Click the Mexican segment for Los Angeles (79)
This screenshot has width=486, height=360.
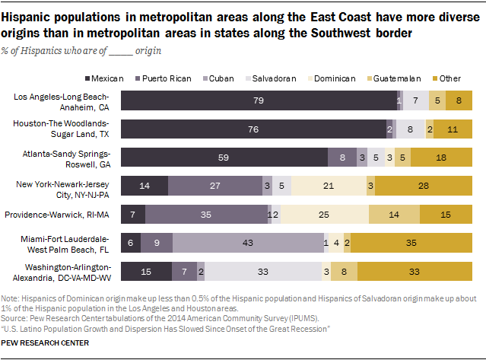[258, 100]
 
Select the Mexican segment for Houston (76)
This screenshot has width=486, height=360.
[253, 129]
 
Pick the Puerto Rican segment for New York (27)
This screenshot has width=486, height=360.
[214, 185]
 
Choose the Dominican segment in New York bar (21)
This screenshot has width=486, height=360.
[328, 185]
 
